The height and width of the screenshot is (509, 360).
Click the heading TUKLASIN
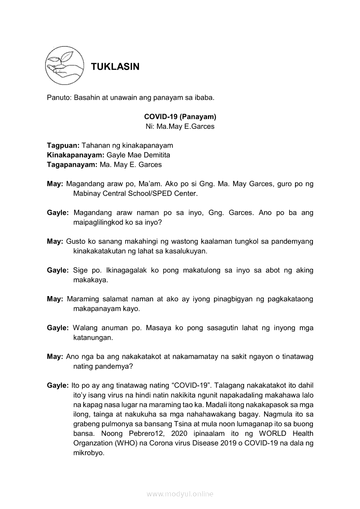[x=115, y=67]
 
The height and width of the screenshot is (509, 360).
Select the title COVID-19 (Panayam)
[x=180, y=117]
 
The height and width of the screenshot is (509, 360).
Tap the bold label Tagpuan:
[x=61, y=145]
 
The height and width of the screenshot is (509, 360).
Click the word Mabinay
[x=87, y=193]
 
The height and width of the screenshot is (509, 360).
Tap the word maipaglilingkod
[x=98, y=222]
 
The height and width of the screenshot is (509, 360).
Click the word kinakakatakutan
[x=100, y=251]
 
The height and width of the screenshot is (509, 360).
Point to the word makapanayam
[x=95, y=309]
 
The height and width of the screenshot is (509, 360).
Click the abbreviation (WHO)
[x=126, y=443]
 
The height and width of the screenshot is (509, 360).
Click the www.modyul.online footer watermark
[x=180, y=494]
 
